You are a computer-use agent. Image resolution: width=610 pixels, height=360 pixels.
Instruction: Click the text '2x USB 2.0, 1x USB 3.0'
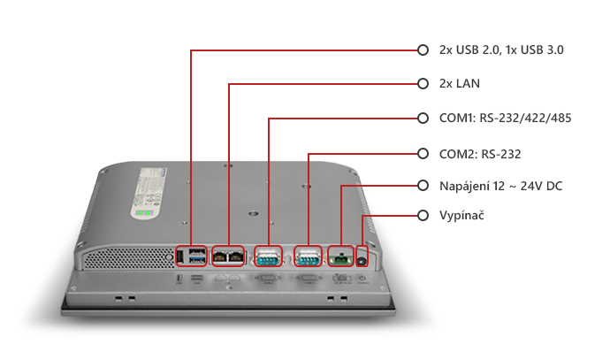500,50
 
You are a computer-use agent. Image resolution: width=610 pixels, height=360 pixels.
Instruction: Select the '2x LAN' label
459,84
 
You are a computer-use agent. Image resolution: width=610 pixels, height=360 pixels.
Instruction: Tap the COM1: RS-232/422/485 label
505,118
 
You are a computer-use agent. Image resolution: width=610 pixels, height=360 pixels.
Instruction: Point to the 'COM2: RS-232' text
479,154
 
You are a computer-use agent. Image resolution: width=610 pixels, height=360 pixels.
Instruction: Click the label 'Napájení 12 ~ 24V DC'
500,186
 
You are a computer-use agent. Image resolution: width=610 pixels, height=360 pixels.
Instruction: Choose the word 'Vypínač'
461,216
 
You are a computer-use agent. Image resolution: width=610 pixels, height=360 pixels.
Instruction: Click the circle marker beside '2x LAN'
423,84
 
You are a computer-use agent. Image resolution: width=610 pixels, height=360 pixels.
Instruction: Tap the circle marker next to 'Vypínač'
423,216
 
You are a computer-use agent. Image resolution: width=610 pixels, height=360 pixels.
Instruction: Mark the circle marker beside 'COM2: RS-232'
423,153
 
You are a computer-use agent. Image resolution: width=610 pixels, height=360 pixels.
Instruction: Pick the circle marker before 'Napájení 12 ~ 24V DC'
423,186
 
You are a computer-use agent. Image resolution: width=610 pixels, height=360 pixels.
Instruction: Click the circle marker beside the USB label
423,50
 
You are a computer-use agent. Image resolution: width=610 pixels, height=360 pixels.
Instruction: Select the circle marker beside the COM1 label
423,118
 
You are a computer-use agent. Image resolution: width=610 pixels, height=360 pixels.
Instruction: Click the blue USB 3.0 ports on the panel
195,257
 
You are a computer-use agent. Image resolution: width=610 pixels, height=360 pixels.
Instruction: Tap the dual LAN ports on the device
229,257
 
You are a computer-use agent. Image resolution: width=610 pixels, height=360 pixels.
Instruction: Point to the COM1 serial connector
268,257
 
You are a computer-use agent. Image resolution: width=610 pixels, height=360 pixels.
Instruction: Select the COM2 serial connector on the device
307,257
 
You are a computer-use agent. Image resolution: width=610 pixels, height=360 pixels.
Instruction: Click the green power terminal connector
339,257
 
